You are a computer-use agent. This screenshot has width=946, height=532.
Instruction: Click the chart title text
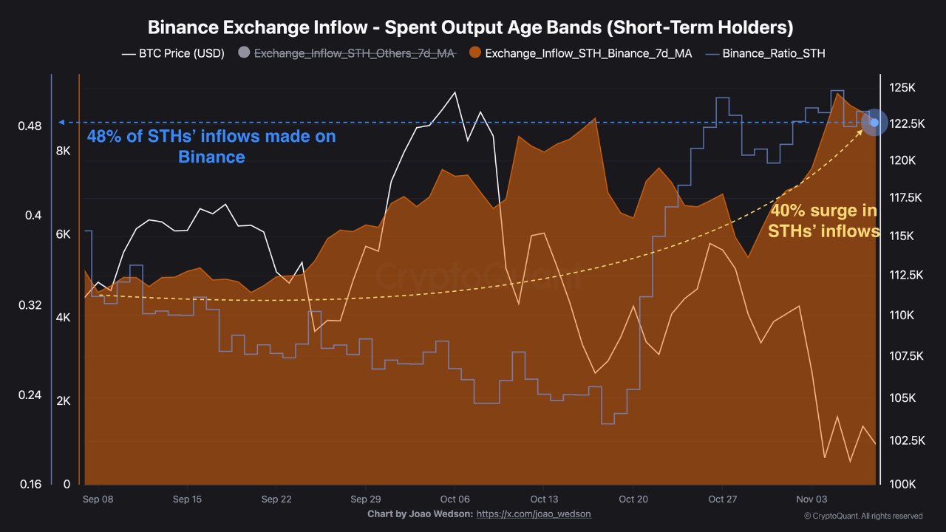pyautogui.click(x=471, y=28)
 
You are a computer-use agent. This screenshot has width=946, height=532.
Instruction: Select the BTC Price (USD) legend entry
pyautogui.click(x=174, y=53)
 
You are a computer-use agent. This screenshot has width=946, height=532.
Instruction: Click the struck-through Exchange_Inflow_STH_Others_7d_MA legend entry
pyautogui.click(x=347, y=53)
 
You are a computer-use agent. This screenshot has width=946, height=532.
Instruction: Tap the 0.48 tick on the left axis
pyautogui.click(x=30, y=126)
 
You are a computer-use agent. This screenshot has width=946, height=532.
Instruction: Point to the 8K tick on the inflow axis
pyautogui.click(x=62, y=151)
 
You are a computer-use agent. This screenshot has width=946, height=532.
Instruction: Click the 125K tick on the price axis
pyautogui.click(x=902, y=88)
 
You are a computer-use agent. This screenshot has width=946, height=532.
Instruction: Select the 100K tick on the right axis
pyautogui.click(x=902, y=484)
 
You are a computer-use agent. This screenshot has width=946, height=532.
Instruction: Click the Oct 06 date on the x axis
pyautogui.click(x=455, y=499)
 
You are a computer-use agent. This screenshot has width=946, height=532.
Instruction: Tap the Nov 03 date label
pyautogui.click(x=811, y=499)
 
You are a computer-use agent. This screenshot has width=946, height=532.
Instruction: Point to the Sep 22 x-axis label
pyautogui.click(x=276, y=499)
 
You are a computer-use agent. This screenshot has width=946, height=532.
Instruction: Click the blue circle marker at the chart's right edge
pyautogui.click(x=875, y=123)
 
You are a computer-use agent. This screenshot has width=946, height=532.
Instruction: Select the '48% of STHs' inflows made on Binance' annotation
pyautogui.click(x=211, y=146)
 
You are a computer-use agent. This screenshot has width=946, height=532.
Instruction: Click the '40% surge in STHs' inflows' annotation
pyautogui.click(x=823, y=221)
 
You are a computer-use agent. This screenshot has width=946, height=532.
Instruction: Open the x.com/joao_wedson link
pyautogui.click(x=534, y=514)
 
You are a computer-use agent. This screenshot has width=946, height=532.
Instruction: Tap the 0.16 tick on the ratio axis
pyautogui.click(x=30, y=485)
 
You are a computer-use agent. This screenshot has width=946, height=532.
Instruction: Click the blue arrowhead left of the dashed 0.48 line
pyautogui.click(x=61, y=122)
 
